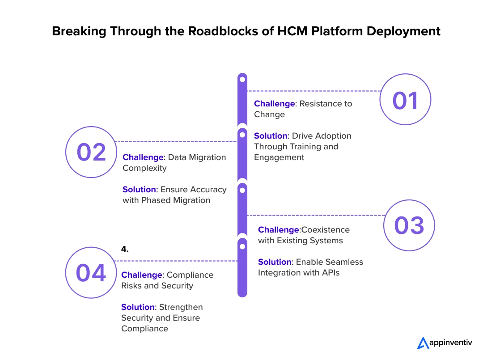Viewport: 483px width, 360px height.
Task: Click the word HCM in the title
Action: coord(292,31)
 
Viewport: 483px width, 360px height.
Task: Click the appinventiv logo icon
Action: coord(423,343)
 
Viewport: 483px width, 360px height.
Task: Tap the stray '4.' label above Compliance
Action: coord(125,249)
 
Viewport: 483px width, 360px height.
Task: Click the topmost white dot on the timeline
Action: coord(242,80)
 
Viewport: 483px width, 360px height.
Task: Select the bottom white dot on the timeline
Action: coord(242,247)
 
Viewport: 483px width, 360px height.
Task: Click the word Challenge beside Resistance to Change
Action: coord(275,104)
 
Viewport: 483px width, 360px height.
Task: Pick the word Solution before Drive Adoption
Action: coord(271,136)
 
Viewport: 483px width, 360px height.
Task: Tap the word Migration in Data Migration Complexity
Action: coord(208,157)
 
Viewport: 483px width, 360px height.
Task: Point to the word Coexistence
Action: coord(326,230)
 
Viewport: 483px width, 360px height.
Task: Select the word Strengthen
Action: coord(181,307)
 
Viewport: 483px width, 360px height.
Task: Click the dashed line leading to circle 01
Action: coord(314,91)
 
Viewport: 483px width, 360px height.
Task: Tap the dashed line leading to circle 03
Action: coord(316,215)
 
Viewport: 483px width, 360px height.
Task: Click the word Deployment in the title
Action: coord(403,32)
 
